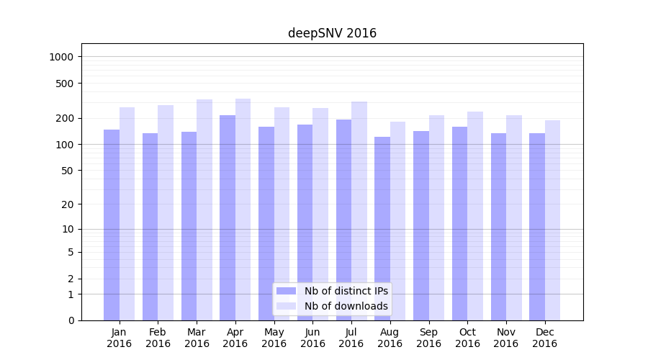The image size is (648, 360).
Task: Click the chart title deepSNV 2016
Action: coord(332,33)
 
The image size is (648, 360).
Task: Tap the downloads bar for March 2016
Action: coord(204,210)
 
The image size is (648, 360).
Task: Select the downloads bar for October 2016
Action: coord(475,216)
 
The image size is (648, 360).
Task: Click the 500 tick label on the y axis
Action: coord(71,84)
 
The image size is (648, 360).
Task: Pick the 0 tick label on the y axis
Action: coord(71,320)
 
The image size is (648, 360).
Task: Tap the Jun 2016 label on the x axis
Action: coord(312,338)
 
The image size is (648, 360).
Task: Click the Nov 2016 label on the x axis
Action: coord(506,338)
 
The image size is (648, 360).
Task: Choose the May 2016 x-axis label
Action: coord(274,338)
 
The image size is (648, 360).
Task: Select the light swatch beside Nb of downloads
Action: coord(287,306)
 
